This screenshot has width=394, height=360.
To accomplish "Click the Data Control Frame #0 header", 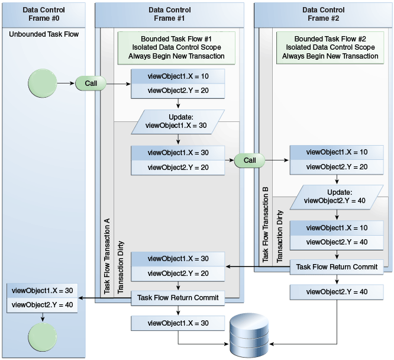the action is [44, 14].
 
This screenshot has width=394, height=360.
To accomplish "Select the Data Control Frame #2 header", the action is [324, 14].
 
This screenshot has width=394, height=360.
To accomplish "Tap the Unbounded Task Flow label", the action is [44, 34].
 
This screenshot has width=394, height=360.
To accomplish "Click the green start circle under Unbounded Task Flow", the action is [42, 83].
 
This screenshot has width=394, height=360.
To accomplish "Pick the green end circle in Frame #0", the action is [42, 337].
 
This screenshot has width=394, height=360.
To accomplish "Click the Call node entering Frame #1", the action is [91, 83].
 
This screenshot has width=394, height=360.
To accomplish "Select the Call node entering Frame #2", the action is [250, 160].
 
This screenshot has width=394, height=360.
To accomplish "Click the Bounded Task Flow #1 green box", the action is [176, 47].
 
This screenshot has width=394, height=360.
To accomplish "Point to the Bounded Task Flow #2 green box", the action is [330, 47].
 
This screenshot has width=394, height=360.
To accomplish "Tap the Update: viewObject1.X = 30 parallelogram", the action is [178, 121].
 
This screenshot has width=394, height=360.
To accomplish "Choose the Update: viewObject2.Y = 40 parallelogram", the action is [337, 197].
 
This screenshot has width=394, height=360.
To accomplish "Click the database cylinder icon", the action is [249, 335].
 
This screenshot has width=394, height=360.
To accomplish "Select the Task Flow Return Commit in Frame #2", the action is [337, 267].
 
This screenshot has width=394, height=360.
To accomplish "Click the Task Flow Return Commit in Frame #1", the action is [178, 298].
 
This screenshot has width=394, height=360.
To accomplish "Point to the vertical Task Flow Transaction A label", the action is [107, 256].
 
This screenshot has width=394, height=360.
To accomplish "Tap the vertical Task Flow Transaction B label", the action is [266, 224].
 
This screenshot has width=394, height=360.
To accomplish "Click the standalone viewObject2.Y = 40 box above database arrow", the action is [337, 292].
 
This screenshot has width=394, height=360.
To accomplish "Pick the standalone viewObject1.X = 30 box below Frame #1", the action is [178, 323].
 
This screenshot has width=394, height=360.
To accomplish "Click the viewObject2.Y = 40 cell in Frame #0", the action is [42, 305].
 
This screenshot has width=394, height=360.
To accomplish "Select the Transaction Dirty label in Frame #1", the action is [121, 267].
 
